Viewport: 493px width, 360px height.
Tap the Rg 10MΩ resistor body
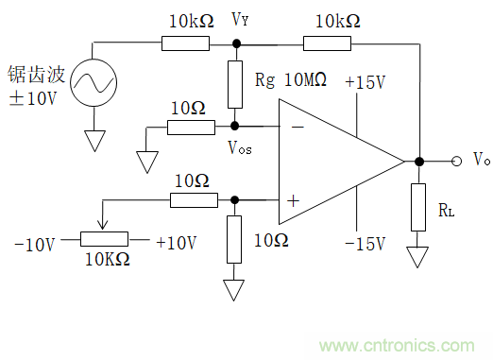point(235,84)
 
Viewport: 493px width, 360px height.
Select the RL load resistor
point(418,208)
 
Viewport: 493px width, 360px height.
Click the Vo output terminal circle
point(456,162)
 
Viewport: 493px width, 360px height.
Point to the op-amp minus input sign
point(297,127)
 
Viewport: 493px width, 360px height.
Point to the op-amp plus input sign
point(293,200)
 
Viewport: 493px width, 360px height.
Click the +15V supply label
point(365,82)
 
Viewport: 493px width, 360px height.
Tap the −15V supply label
point(365,244)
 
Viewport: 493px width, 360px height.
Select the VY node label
point(240,20)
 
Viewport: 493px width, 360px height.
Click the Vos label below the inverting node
point(240,147)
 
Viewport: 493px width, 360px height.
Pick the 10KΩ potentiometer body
point(104,239)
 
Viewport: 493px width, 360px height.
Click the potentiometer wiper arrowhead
point(103,225)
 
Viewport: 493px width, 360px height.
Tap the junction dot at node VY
point(236,43)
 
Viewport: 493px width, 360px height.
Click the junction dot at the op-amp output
point(419,162)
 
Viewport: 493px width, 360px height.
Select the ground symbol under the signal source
point(94,141)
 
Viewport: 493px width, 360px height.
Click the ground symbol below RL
point(417,257)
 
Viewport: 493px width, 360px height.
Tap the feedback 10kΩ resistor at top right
point(327,43)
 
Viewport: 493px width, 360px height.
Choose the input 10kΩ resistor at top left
point(185,43)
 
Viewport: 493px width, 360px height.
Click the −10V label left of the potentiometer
point(35,245)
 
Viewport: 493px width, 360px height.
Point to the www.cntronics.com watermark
point(397,346)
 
